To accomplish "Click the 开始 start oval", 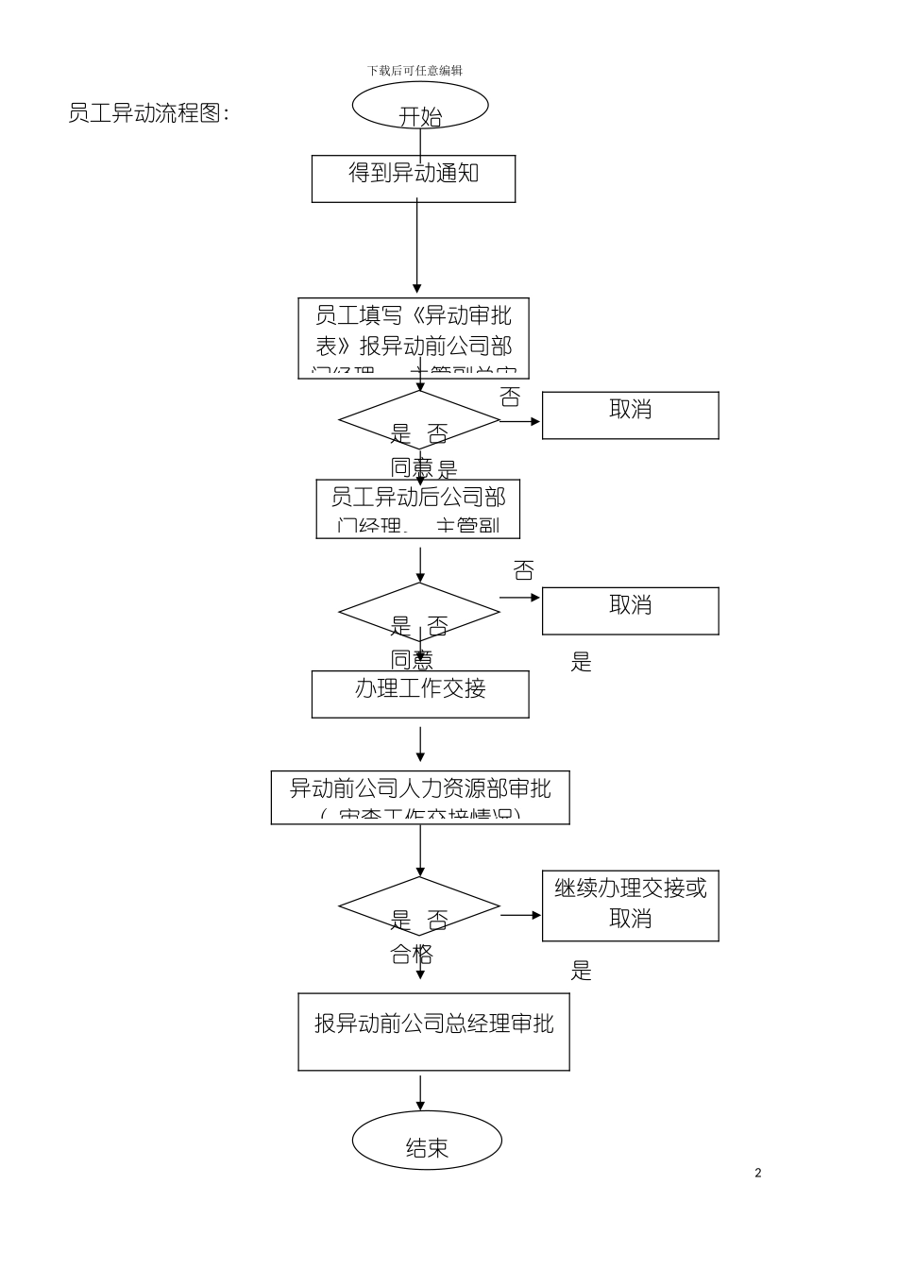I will pos(420,105).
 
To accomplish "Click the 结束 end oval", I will pos(427,1140).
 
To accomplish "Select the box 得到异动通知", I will pos(414,178).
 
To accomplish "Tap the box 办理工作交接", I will pos(420,694).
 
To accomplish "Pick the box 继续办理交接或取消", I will pos(630,905).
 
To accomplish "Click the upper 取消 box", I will pos(630,415).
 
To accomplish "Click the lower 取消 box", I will pos(630,610).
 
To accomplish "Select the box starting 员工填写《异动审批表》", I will pos(414,339).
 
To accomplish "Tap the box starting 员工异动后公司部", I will pos(417,509).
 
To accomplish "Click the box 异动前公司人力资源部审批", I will pos(420,798).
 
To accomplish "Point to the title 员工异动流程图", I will pos(149,113).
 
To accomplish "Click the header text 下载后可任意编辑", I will pos(415,70).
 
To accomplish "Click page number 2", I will pos(758,1173).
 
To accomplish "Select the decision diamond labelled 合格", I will pos(419,907).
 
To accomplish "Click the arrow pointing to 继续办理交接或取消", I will pos(520,914).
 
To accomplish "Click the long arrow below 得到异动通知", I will pos(416,247).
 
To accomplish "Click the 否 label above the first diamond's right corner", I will pos(510,397).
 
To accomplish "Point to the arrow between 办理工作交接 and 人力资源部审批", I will pos(420,744).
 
